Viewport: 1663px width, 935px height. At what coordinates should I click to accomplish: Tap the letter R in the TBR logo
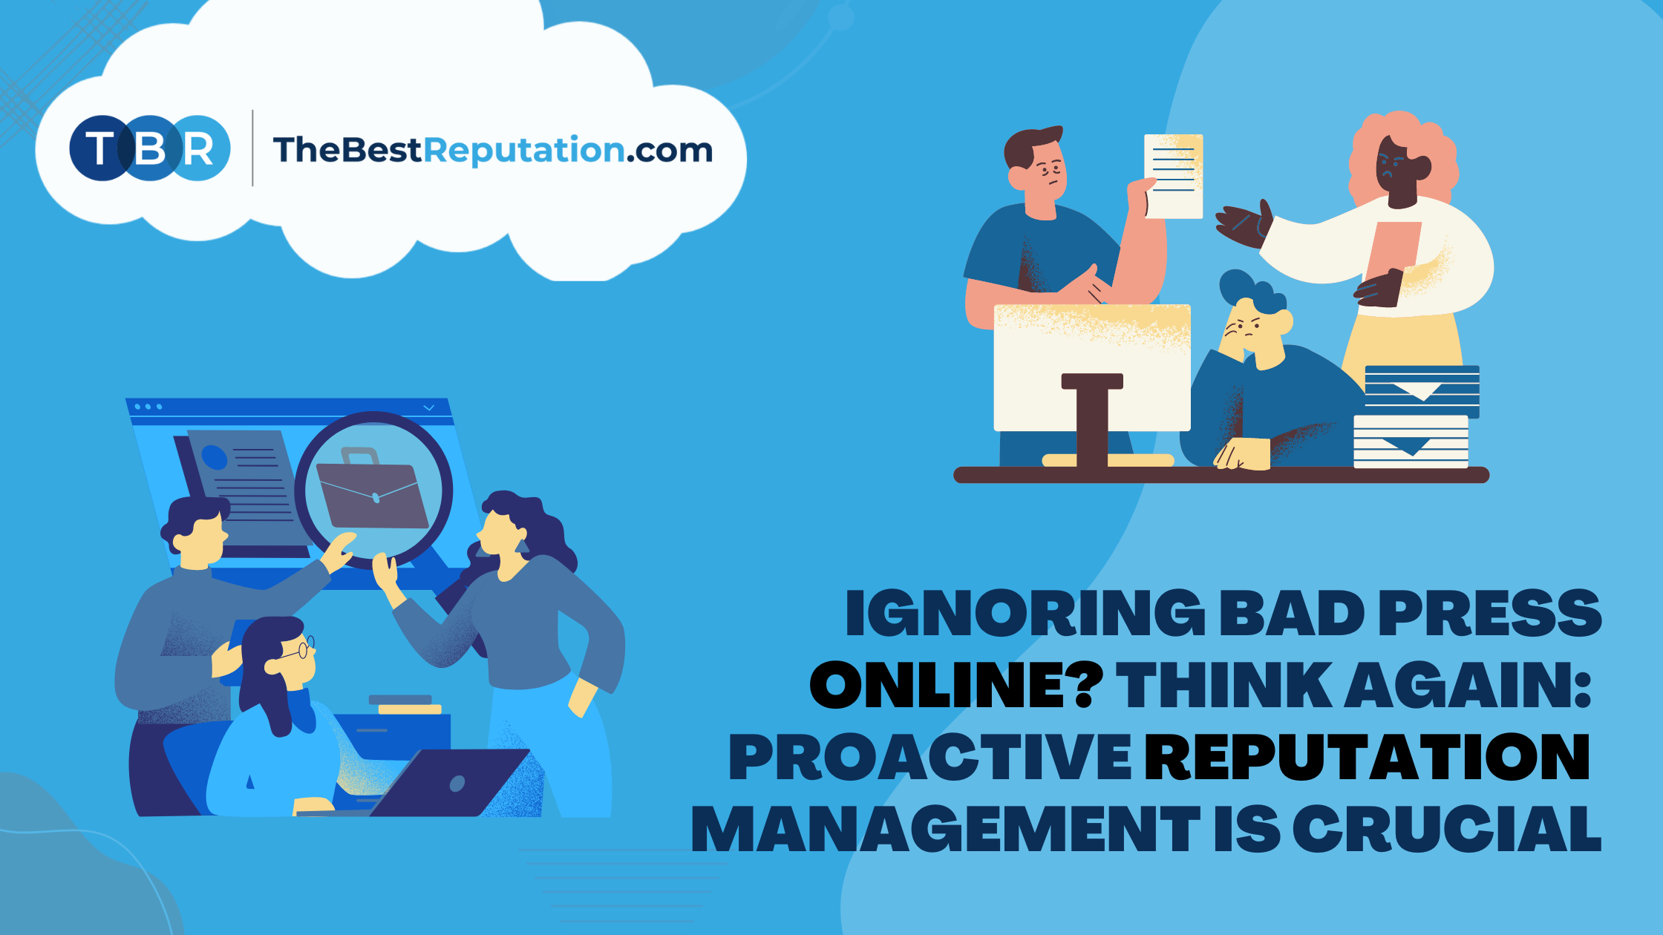point(199,148)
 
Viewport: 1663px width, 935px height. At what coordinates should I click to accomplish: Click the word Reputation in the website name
point(524,151)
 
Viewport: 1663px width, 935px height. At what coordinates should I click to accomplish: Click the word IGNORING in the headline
point(1025,614)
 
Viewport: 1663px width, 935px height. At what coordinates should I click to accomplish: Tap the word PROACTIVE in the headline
point(929,757)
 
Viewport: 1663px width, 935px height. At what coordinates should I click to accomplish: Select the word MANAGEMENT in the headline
point(946,827)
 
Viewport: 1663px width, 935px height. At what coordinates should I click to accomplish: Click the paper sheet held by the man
point(1173,176)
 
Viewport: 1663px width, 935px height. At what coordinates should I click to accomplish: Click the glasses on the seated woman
point(301,649)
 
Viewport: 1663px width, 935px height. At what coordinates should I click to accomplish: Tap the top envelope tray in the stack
point(1422,390)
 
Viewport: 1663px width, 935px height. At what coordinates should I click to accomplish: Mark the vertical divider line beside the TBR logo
point(253,148)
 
